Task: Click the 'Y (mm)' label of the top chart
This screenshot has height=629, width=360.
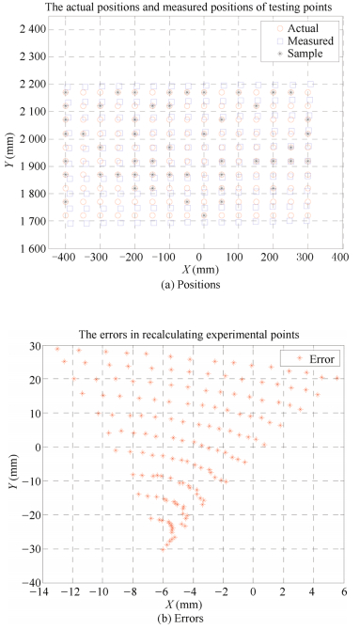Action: [x=8, y=138]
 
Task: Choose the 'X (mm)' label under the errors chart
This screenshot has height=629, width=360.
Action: [x=199, y=604]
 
